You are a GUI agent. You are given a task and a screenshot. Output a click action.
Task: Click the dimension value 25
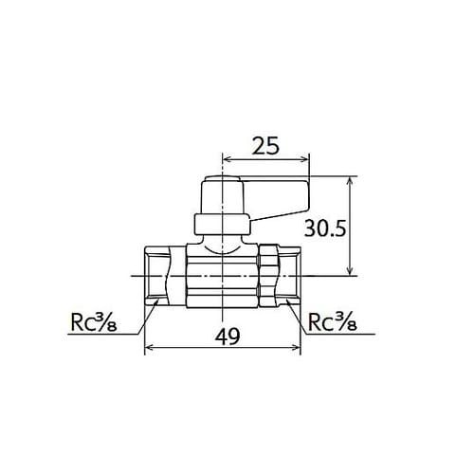(x=266, y=146)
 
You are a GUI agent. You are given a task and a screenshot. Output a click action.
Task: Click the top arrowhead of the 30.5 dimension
(x=352, y=181)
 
